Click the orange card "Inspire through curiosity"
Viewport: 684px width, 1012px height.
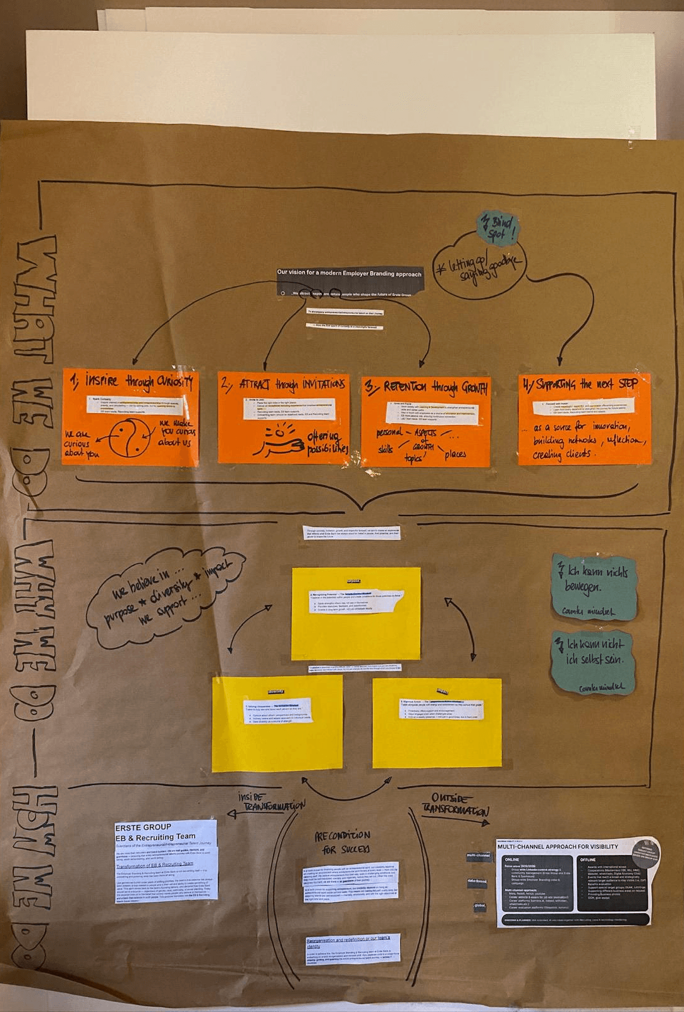[130, 417]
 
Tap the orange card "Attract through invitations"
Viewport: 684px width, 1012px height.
[283, 417]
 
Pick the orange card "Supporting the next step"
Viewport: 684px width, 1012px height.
[584, 419]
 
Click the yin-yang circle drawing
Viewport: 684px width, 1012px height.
[130, 440]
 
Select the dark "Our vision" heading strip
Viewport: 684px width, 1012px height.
[349, 273]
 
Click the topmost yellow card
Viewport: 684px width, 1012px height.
[356, 614]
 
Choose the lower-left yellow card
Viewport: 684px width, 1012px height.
[277, 723]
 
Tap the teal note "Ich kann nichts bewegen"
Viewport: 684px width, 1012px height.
[593, 588]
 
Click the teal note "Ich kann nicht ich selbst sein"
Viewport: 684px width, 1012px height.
[593, 662]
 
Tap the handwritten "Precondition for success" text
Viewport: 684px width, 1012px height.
[342, 842]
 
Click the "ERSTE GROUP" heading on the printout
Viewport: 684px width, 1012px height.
[144, 827]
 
